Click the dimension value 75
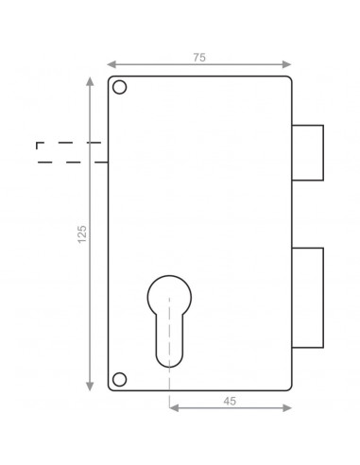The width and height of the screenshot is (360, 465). [199, 58]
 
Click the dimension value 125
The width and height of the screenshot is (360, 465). [82, 234]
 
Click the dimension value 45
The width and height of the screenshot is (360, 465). [230, 401]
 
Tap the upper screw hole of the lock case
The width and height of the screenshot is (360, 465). [119, 87]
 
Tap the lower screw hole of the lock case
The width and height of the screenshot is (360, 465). [119, 379]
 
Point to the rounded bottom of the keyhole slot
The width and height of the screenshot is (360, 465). [169, 367]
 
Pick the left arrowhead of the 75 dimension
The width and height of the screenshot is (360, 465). [111, 64]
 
